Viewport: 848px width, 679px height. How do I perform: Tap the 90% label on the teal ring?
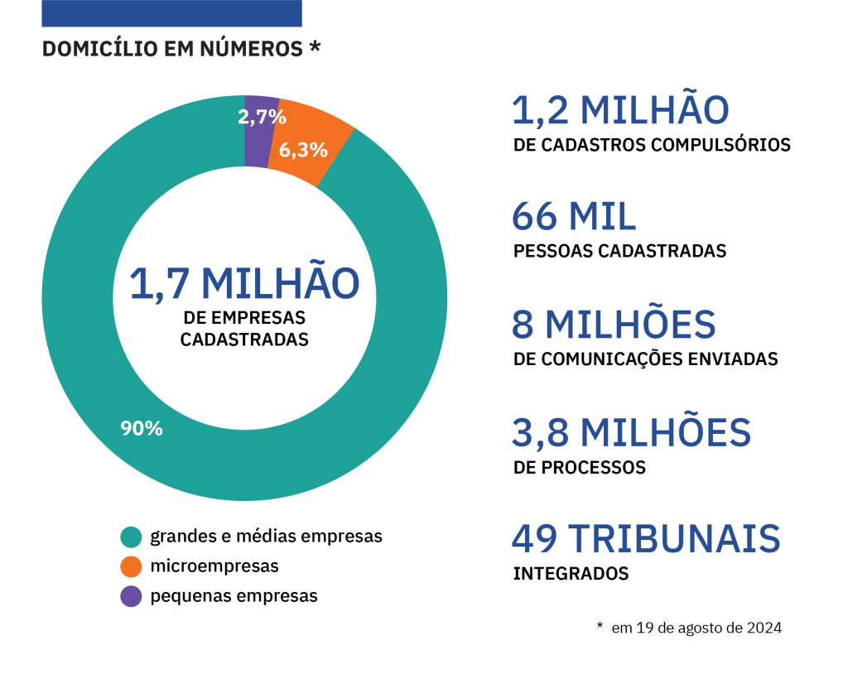tap(142, 428)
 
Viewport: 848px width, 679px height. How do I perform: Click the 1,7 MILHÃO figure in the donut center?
tap(244, 283)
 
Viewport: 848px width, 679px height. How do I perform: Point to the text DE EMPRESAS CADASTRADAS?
tap(244, 328)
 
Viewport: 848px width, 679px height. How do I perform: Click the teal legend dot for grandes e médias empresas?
tap(131, 537)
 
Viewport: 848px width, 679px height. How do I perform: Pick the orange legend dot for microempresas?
tap(131, 566)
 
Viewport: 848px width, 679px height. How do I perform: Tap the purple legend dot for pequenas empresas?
tap(131, 596)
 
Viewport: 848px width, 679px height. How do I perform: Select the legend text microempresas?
tap(214, 566)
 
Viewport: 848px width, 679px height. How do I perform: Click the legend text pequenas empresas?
tap(234, 596)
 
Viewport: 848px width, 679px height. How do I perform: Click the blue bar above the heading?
tap(171, 13)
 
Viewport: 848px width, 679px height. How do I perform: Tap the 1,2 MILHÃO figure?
tap(620, 111)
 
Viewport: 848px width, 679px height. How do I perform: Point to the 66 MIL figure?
tap(574, 217)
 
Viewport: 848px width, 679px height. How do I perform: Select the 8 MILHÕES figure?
tap(614, 325)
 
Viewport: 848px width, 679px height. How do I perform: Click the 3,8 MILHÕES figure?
tap(631, 432)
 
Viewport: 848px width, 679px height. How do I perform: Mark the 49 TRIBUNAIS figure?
tap(646, 539)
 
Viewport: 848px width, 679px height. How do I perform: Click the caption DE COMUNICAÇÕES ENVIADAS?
tap(646, 359)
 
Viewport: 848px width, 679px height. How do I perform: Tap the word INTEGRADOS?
tap(571, 573)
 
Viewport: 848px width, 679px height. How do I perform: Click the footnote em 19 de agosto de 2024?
tap(696, 628)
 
